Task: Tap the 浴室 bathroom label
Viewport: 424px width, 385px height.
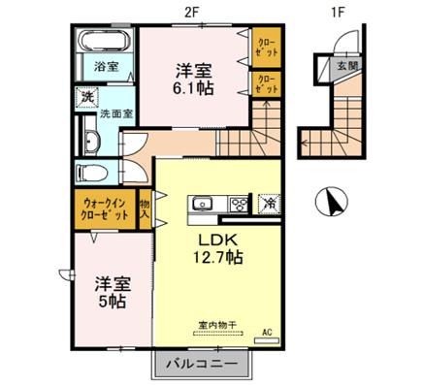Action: coord(107,67)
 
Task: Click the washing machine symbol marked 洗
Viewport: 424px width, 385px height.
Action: coord(87,97)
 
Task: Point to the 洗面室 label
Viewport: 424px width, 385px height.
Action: coord(117,113)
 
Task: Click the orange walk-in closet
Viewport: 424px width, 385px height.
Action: coord(103,208)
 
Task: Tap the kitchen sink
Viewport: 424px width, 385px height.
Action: coord(204,205)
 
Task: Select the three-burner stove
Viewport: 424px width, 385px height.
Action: coord(237,205)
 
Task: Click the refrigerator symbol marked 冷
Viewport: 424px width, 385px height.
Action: coord(268,204)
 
